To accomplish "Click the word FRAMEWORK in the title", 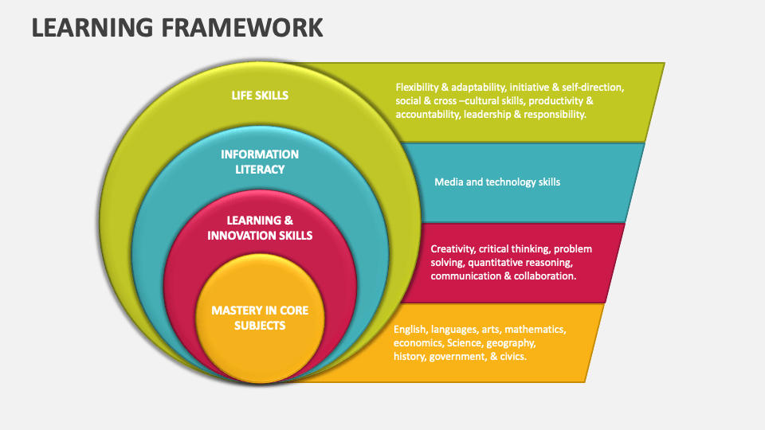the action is click(242, 27).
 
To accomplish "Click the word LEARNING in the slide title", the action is click(92, 27).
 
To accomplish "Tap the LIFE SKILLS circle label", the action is click(260, 95).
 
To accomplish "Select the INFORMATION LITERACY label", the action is click(260, 162).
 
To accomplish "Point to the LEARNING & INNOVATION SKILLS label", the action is click(260, 228).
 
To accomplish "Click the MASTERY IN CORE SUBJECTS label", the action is click(260, 318).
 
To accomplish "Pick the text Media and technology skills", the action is click(497, 182).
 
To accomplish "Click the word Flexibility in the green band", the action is click(417, 88).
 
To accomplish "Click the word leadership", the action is click(486, 114).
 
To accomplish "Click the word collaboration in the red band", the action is click(544, 276).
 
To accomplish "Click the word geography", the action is click(511, 343).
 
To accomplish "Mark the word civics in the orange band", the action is click(513, 357).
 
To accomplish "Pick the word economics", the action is click(418, 343).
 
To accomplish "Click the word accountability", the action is click(427, 114).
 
